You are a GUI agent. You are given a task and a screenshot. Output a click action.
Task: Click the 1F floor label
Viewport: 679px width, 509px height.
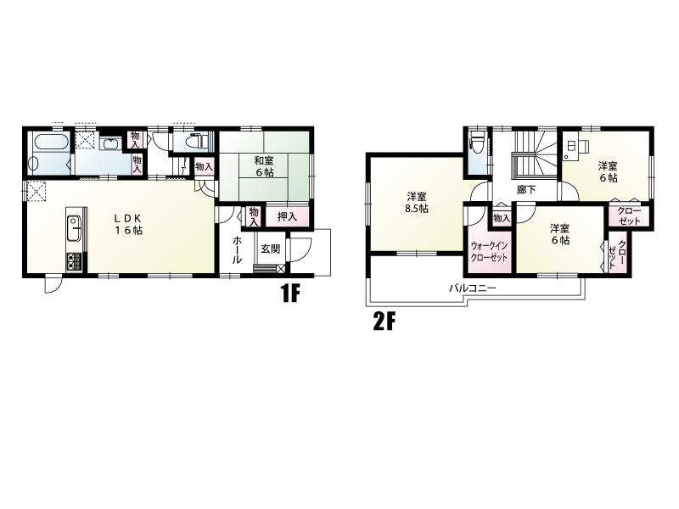pos(290,294)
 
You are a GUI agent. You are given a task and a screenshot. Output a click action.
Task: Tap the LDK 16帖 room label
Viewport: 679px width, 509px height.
pos(129,224)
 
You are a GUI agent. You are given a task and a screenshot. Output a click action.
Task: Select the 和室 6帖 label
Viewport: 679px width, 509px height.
pos(264,166)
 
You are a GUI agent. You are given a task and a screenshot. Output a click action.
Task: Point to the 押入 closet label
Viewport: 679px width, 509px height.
pos(287,217)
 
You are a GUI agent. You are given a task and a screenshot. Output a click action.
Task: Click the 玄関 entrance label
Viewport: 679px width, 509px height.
pos(270,249)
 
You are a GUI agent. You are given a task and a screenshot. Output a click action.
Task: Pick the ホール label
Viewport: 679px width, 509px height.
pos(237,250)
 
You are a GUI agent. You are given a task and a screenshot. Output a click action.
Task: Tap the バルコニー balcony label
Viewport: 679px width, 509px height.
pos(472,288)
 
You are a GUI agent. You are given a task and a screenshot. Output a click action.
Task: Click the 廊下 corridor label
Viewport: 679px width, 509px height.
pos(526,189)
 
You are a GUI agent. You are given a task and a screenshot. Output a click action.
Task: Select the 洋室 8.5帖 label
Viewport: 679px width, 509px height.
pos(418,202)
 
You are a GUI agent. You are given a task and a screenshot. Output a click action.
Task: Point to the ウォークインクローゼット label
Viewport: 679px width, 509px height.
pos(489,251)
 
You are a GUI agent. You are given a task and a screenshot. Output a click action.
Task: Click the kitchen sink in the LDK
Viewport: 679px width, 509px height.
pos(74,226)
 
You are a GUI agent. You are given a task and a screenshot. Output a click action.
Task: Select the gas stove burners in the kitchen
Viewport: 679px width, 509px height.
pos(73,262)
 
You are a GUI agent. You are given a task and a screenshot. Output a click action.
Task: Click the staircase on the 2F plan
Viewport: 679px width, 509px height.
pos(535,154)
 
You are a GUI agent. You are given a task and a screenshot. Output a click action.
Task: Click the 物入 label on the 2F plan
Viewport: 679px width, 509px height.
pos(502,219)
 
